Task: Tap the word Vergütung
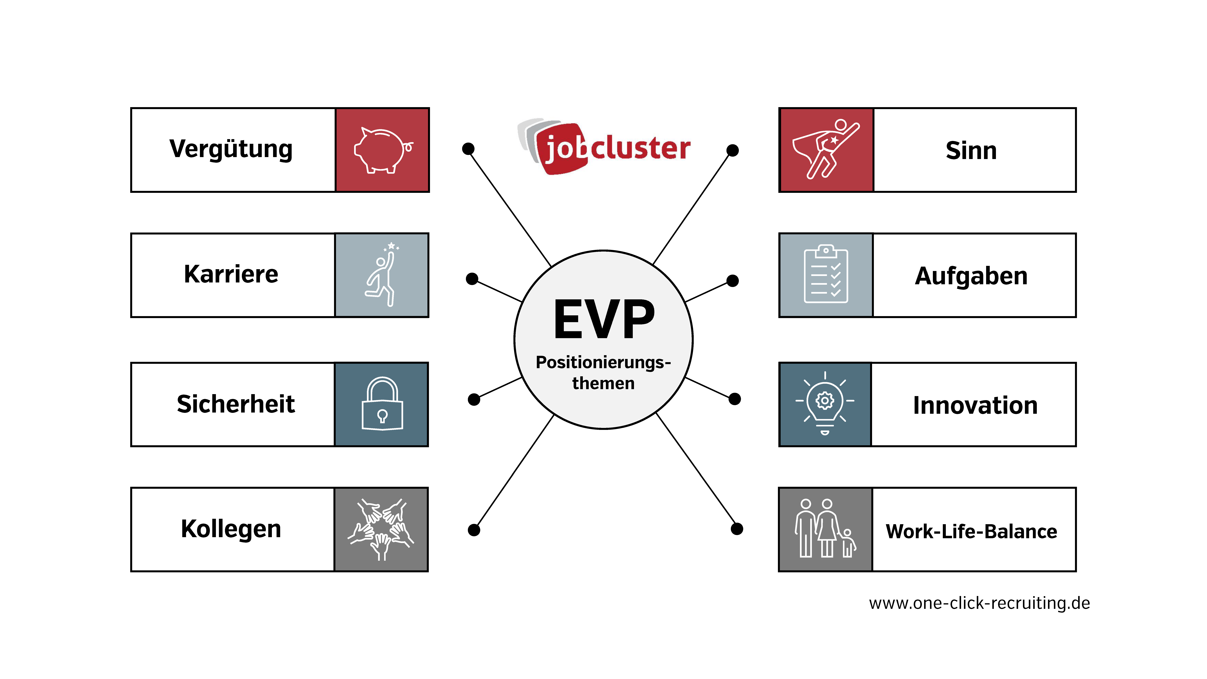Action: click(231, 149)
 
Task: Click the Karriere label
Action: click(231, 274)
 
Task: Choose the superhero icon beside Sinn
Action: click(826, 149)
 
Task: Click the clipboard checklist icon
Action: click(826, 274)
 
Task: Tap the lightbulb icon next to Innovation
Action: click(825, 403)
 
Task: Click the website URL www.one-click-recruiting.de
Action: click(979, 603)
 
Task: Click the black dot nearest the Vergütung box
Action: click(468, 149)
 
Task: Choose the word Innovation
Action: click(975, 405)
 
